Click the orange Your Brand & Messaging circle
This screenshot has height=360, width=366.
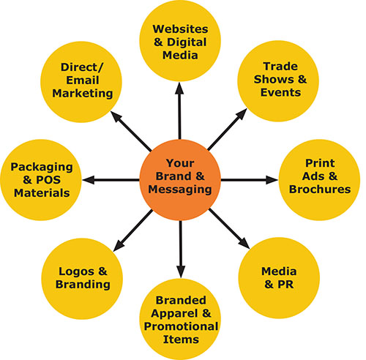180,180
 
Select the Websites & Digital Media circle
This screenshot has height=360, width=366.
180,41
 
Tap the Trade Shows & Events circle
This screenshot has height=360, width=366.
278,81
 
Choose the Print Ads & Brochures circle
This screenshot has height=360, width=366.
319,180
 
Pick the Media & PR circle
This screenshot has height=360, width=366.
279,278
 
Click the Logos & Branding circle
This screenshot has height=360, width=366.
82,279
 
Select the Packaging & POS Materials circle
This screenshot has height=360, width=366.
41,180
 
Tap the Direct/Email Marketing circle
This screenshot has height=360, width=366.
81,82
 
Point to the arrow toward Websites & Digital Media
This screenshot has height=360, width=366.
180,110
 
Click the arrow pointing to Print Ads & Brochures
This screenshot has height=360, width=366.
250,180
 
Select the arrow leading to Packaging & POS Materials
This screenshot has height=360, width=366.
111,180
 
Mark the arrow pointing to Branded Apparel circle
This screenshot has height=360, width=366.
181,250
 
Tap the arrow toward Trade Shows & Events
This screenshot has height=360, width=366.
228,130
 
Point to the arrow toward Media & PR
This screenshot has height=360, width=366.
229,229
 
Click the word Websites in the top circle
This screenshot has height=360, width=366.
180,29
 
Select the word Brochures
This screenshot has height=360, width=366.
320,190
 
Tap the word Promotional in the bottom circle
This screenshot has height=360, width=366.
181,326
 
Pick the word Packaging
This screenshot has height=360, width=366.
42,168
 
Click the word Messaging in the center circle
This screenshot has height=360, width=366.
180,190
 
